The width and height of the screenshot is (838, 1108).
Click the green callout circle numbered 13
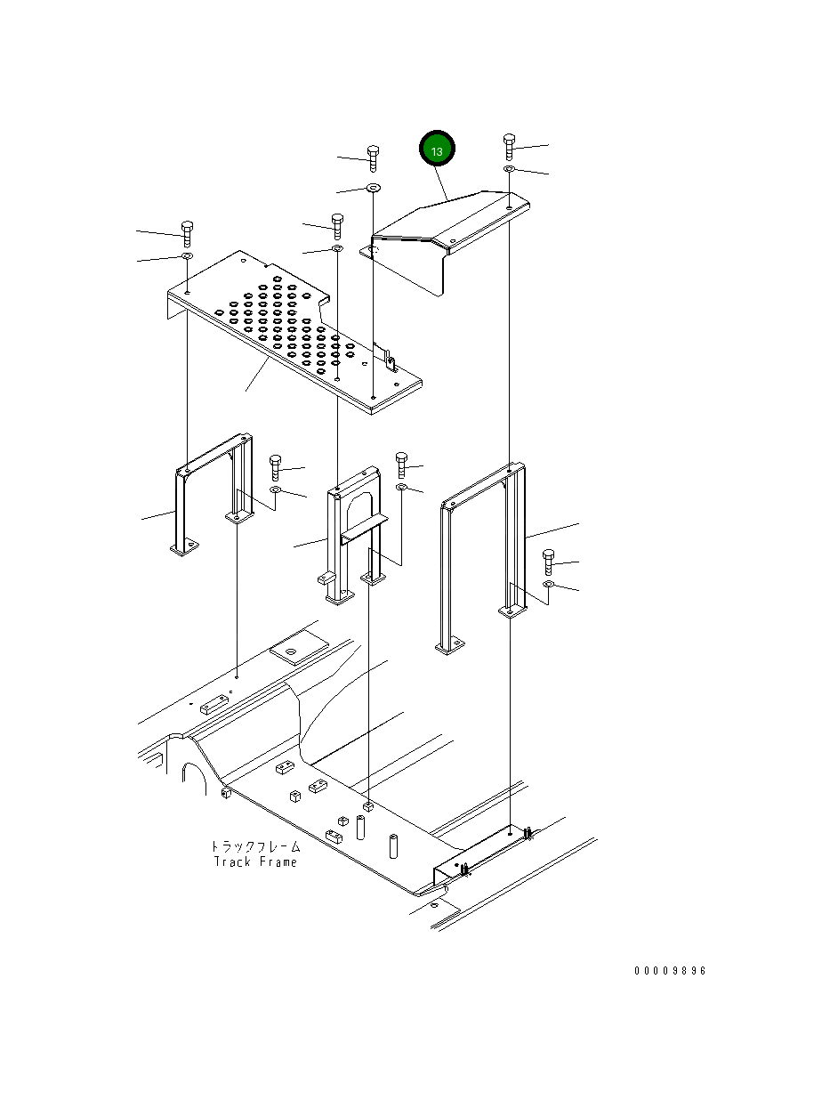(437, 151)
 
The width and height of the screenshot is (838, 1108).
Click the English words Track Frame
(255, 861)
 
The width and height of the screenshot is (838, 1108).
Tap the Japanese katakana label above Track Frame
(255, 846)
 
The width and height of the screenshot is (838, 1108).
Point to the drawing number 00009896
(670, 970)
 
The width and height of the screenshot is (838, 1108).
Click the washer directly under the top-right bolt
(509, 169)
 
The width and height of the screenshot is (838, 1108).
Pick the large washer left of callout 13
(372, 188)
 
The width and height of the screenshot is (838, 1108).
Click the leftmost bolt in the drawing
(187, 232)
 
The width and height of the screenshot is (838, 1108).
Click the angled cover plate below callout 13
(445, 231)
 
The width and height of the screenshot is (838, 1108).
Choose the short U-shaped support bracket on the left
(209, 498)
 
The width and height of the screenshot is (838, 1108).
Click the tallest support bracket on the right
(480, 552)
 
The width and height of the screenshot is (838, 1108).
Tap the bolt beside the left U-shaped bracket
(276, 466)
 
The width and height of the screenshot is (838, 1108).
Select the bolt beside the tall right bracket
(548, 562)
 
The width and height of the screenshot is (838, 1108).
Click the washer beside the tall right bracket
(549, 585)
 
